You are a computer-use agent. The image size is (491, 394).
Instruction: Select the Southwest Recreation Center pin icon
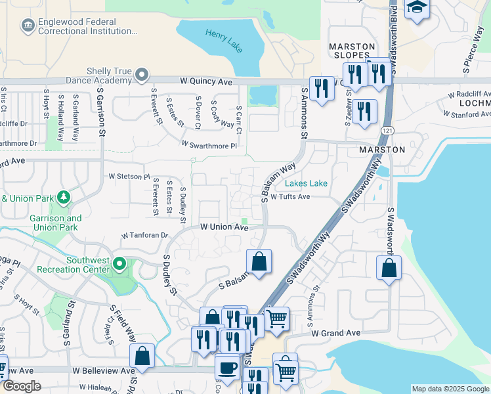(x=119, y=264)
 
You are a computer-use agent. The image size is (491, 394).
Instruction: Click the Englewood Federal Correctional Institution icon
(x=28, y=26)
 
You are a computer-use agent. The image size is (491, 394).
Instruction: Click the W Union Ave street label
(x=224, y=227)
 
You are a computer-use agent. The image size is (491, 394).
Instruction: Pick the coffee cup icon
(x=228, y=367)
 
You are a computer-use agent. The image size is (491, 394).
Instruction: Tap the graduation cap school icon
(x=417, y=9)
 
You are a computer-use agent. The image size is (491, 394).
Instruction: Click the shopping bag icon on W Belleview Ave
(x=142, y=357)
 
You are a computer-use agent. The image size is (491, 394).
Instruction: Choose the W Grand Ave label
(x=336, y=334)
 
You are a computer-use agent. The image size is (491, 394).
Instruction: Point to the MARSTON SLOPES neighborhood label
(x=351, y=51)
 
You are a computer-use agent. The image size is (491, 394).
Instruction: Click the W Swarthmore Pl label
(x=209, y=144)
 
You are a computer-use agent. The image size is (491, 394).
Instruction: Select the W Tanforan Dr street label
(x=145, y=235)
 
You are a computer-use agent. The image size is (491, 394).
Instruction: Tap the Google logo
(x=21, y=386)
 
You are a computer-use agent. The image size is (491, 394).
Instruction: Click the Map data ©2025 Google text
(x=450, y=389)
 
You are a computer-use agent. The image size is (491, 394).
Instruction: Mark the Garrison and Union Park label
(x=55, y=223)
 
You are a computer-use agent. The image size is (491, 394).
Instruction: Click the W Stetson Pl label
(x=129, y=177)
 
